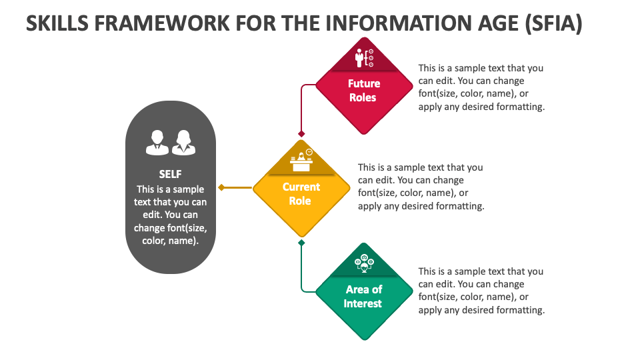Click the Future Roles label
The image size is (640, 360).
click(x=364, y=91)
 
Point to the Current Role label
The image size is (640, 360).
click(x=301, y=194)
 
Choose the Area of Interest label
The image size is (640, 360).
click(x=363, y=297)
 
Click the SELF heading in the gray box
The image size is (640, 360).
click(x=171, y=175)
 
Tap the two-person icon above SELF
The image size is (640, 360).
click(x=171, y=142)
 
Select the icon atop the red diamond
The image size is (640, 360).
click(x=364, y=58)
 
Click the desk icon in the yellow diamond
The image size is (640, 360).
click(x=301, y=160)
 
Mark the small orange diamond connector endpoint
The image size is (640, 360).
click(x=221, y=188)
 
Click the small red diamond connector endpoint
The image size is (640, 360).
click(x=301, y=134)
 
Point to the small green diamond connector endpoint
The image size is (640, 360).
click(x=301, y=243)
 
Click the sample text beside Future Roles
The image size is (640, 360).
click(x=481, y=87)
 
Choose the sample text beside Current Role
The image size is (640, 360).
click(x=421, y=187)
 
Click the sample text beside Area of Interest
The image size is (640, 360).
click(x=481, y=291)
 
